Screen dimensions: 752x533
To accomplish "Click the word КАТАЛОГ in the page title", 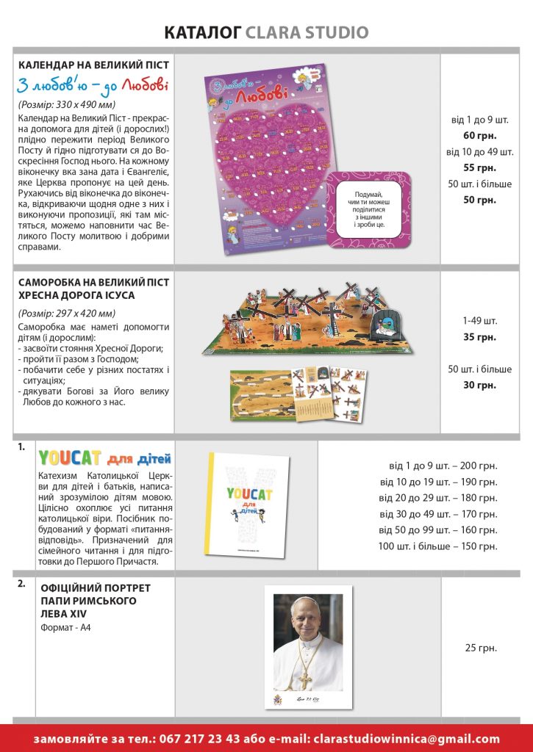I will click(203, 33).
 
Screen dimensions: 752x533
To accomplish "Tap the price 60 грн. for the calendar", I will click(480, 135).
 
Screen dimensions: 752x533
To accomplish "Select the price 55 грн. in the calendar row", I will click(480, 167).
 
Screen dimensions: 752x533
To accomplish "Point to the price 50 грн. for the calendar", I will click(480, 200).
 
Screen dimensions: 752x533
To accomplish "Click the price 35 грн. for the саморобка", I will click(480, 337).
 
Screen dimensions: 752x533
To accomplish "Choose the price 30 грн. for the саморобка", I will click(480, 385).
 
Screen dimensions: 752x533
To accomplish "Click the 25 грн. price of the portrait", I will click(481, 648).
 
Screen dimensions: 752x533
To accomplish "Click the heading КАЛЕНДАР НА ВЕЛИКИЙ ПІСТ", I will click(93, 65).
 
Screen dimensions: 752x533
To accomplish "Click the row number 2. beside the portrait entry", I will click(22, 585).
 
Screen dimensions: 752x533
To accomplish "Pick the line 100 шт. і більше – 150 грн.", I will click(437, 546).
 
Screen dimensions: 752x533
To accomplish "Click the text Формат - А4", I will click(66, 628).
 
